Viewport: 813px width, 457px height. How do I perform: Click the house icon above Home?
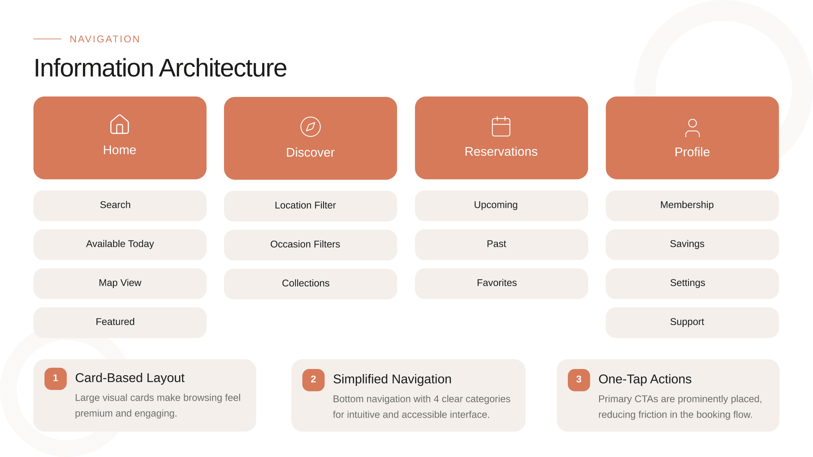(x=119, y=124)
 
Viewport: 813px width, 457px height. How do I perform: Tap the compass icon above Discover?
(x=310, y=127)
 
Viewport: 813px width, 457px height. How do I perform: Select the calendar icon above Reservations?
(x=501, y=127)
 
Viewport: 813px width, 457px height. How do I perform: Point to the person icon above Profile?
(x=692, y=128)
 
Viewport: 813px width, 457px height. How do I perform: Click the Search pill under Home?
(x=120, y=205)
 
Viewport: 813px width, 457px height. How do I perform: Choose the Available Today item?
(x=120, y=244)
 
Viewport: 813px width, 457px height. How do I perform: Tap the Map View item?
(x=120, y=283)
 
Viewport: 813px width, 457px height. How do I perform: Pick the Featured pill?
(x=120, y=322)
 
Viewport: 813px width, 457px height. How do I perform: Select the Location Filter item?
(x=310, y=206)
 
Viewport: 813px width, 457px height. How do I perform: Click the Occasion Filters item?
(x=310, y=245)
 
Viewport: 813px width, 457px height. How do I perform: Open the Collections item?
(x=310, y=284)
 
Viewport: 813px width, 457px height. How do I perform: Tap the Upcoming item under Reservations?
(x=501, y=205)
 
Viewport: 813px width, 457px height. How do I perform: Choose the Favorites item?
(x=501, y=283)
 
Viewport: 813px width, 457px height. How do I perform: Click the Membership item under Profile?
(x=692, y=205)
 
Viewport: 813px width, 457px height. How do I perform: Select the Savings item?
(x=692, y=244)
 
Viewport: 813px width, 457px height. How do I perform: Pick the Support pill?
(x=692, y=322)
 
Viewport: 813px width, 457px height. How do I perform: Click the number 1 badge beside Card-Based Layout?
(x=55, y=378)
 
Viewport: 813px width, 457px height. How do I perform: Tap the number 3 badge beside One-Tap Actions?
(x=579, y=380)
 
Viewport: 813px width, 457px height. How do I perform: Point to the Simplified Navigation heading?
(x=392, y=379)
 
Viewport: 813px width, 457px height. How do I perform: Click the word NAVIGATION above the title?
(x=105, y=39)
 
